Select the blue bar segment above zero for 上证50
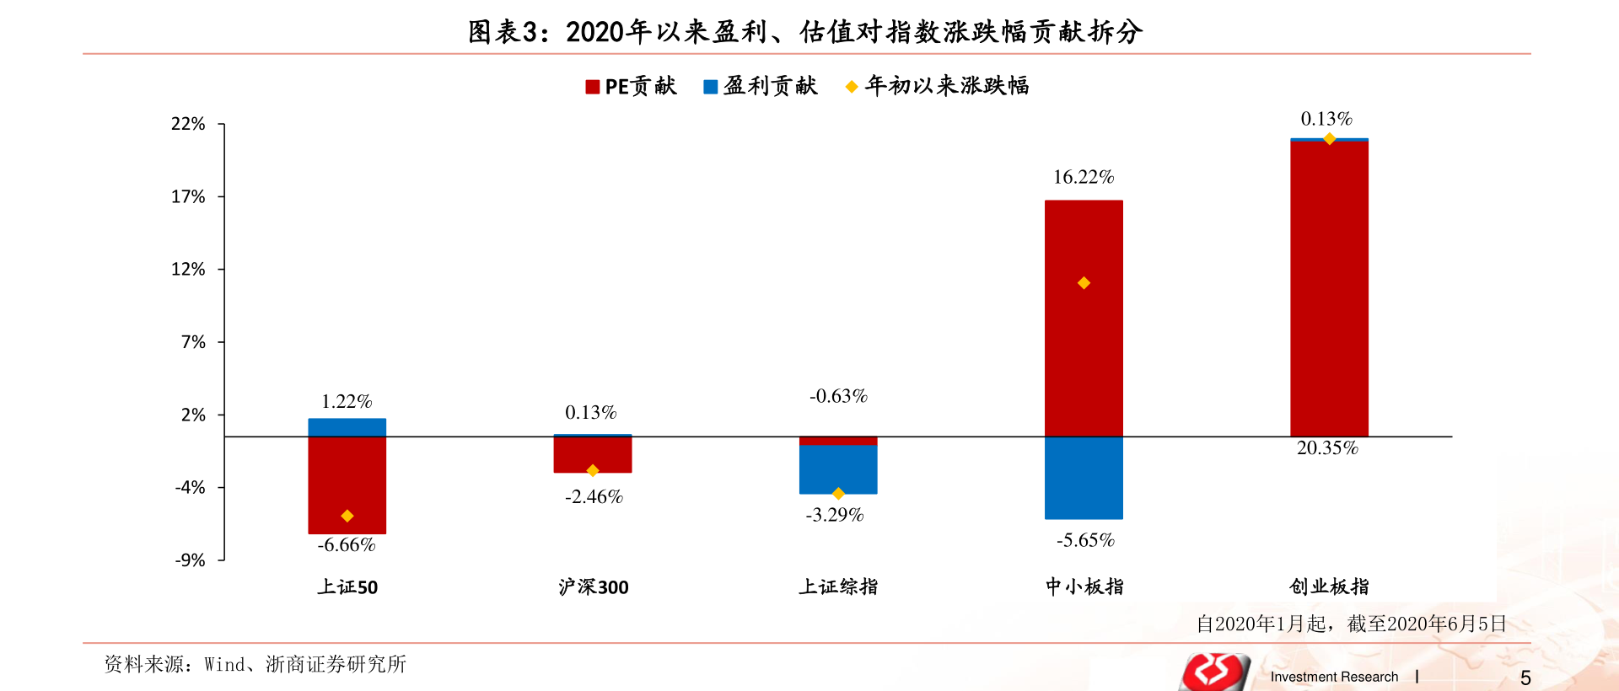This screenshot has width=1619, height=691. click(x=347, y=427)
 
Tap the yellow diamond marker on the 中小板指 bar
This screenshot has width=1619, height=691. click(x=1084, y=283)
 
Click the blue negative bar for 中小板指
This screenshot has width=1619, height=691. click(x=1084, y=477)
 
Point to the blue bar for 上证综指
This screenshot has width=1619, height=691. click(x=838, y=469)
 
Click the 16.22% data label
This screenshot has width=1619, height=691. click(x=1084, y=177)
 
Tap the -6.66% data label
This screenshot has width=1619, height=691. click(x=347, y=545)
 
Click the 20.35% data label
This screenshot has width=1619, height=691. click(x=1327, y=448)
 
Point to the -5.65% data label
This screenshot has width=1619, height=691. click(x=1085, y=540)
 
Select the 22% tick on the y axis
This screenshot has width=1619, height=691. click(x=188, y=124)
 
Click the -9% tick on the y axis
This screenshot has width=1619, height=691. click(x=190, y=560)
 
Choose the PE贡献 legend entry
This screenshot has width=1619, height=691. click(x=631, y=86)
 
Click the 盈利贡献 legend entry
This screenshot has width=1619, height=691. click(x=761, y=86)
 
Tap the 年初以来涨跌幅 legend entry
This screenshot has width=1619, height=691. click(x=937, y=86)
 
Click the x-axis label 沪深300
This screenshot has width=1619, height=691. click(x=593, y=587)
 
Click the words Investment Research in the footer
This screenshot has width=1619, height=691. click(x=1334, y=677)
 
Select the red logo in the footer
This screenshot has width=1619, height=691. click(x=1215, y=672)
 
